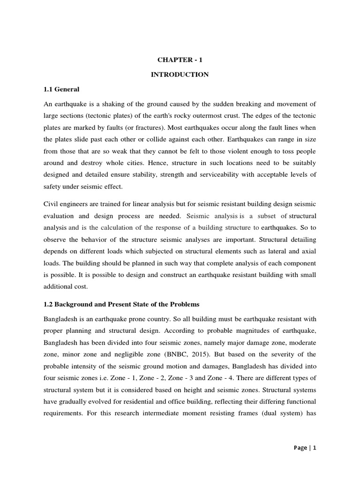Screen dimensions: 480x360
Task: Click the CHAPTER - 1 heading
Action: pyautogui.click(x=180, y=60)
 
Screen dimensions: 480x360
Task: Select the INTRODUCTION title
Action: pyautogui.click(x=180, y=74)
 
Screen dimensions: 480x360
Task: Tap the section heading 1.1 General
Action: pyautogui.click(x=61, y=89)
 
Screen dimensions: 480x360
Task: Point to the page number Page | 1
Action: pyautogui.click(x=304, y=448)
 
